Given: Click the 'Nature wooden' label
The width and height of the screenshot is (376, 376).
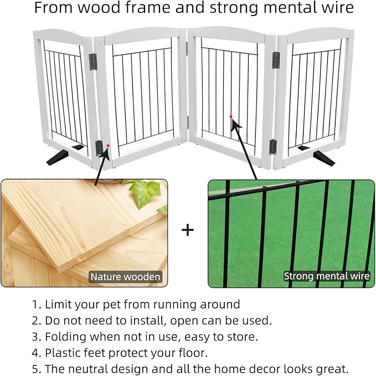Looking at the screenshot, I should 126,276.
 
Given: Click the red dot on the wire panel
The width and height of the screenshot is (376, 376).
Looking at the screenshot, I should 230,117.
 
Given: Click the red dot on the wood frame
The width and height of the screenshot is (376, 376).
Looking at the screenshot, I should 108,145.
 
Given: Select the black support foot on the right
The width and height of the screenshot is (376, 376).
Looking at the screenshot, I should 323,158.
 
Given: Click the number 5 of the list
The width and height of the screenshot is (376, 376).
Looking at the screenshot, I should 34,368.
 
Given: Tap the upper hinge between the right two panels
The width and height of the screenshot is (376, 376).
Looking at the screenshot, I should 275,60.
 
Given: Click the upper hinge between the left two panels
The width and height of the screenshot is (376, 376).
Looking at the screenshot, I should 92,60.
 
